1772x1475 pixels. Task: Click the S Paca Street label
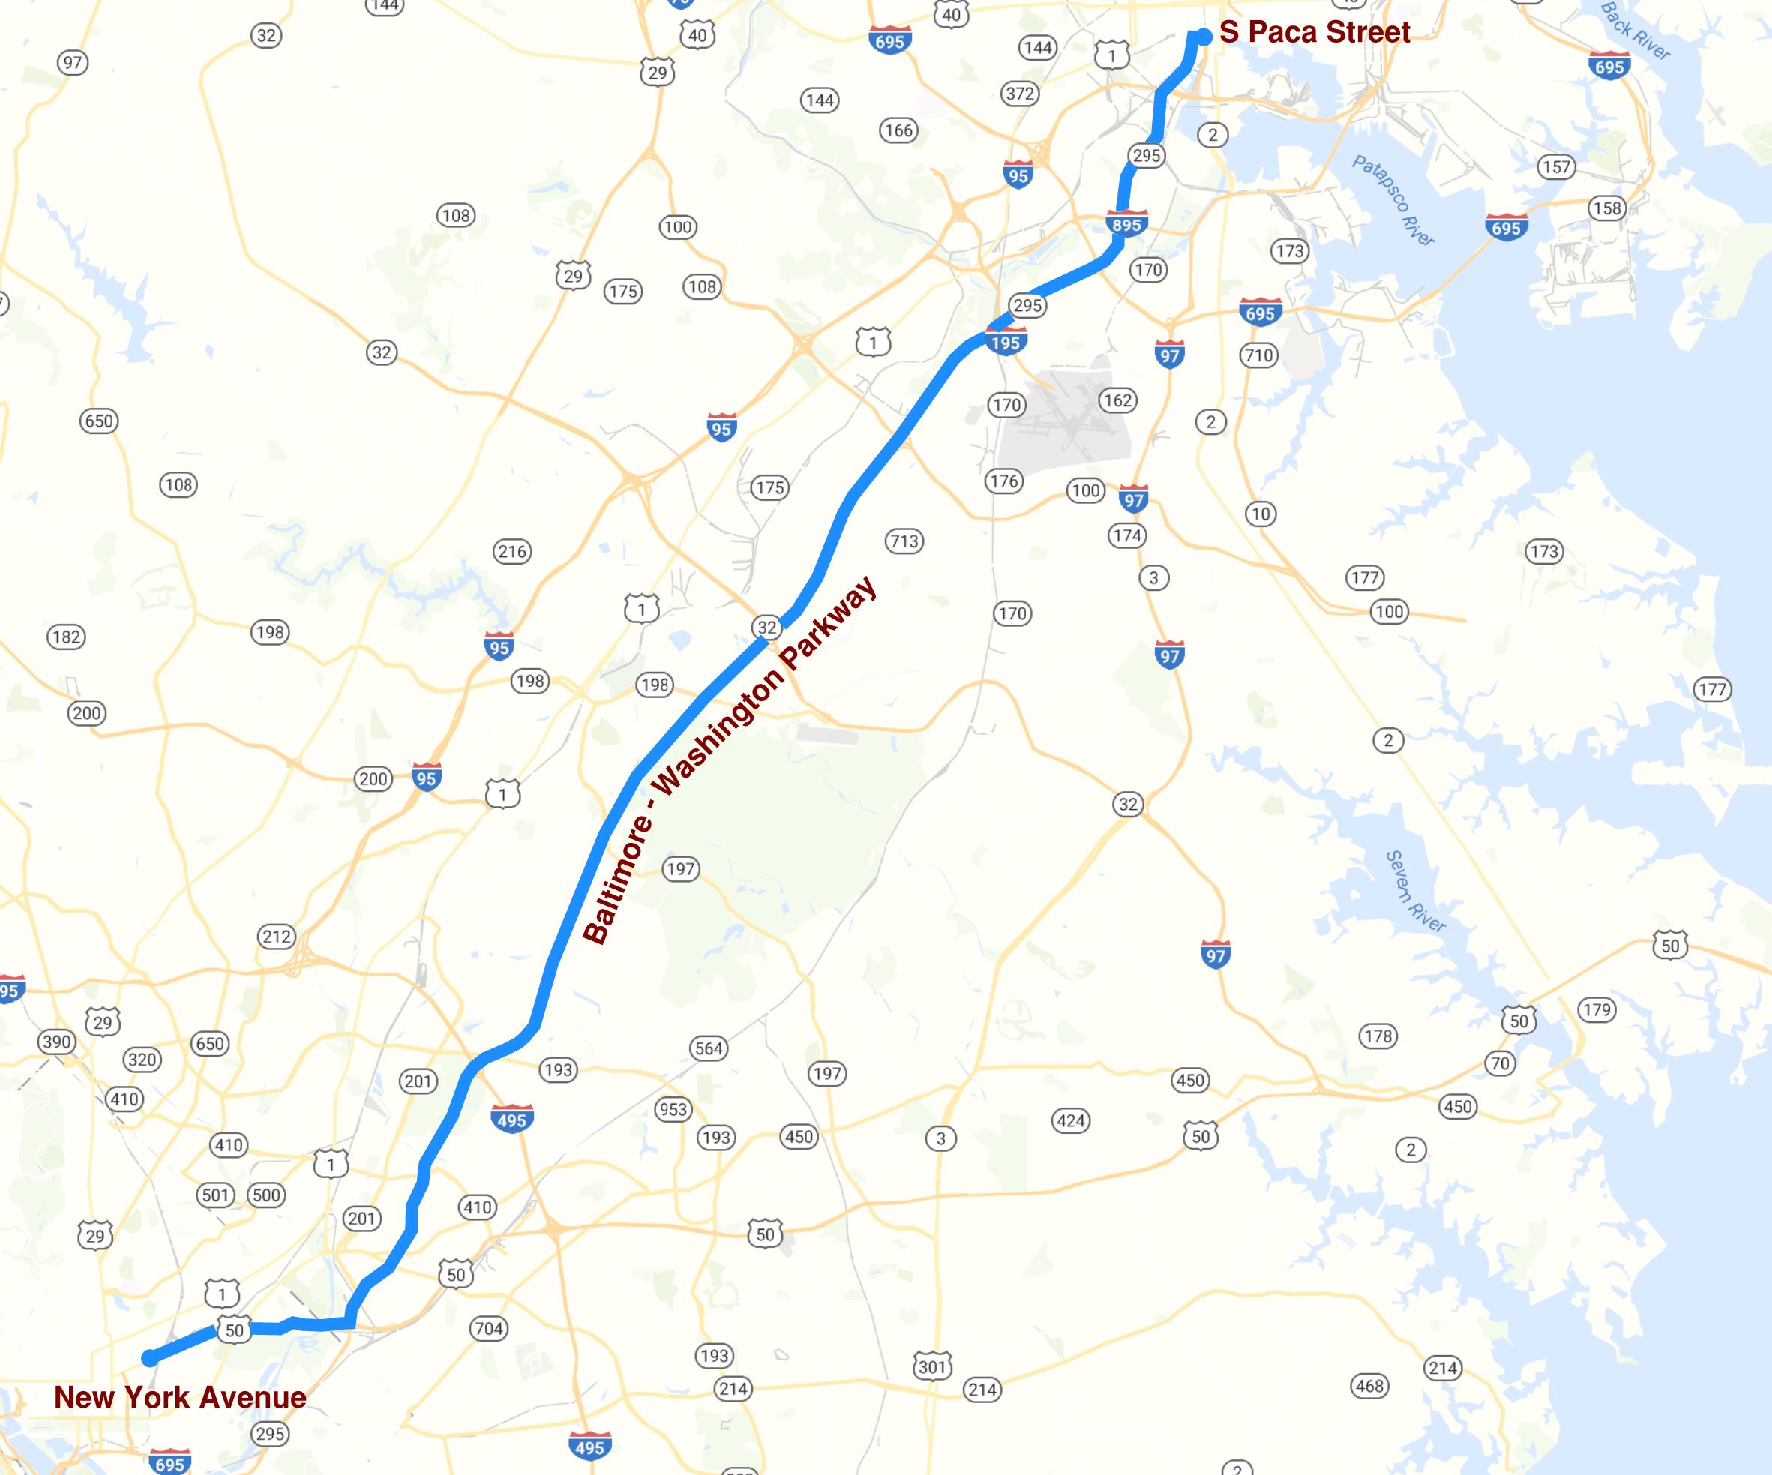1315,32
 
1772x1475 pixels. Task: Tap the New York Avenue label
180,1396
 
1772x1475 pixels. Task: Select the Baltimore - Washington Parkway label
730,760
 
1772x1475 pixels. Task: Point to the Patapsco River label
1393,201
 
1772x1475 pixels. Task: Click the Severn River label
1415,890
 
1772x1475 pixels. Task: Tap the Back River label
1635,31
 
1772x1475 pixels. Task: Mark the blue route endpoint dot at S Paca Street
1204,36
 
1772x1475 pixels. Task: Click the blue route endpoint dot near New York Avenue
149,1358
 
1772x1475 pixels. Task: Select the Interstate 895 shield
1126,223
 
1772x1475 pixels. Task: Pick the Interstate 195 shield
1005,342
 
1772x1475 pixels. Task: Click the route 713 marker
904,541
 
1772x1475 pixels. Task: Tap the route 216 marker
512,552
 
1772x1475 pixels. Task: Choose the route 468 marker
1369,1386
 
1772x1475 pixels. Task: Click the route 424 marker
1071,1120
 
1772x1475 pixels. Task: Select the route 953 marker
673,1109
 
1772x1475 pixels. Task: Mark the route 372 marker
1019,94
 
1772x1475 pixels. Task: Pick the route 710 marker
1258,355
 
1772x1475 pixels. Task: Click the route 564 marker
708,1048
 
